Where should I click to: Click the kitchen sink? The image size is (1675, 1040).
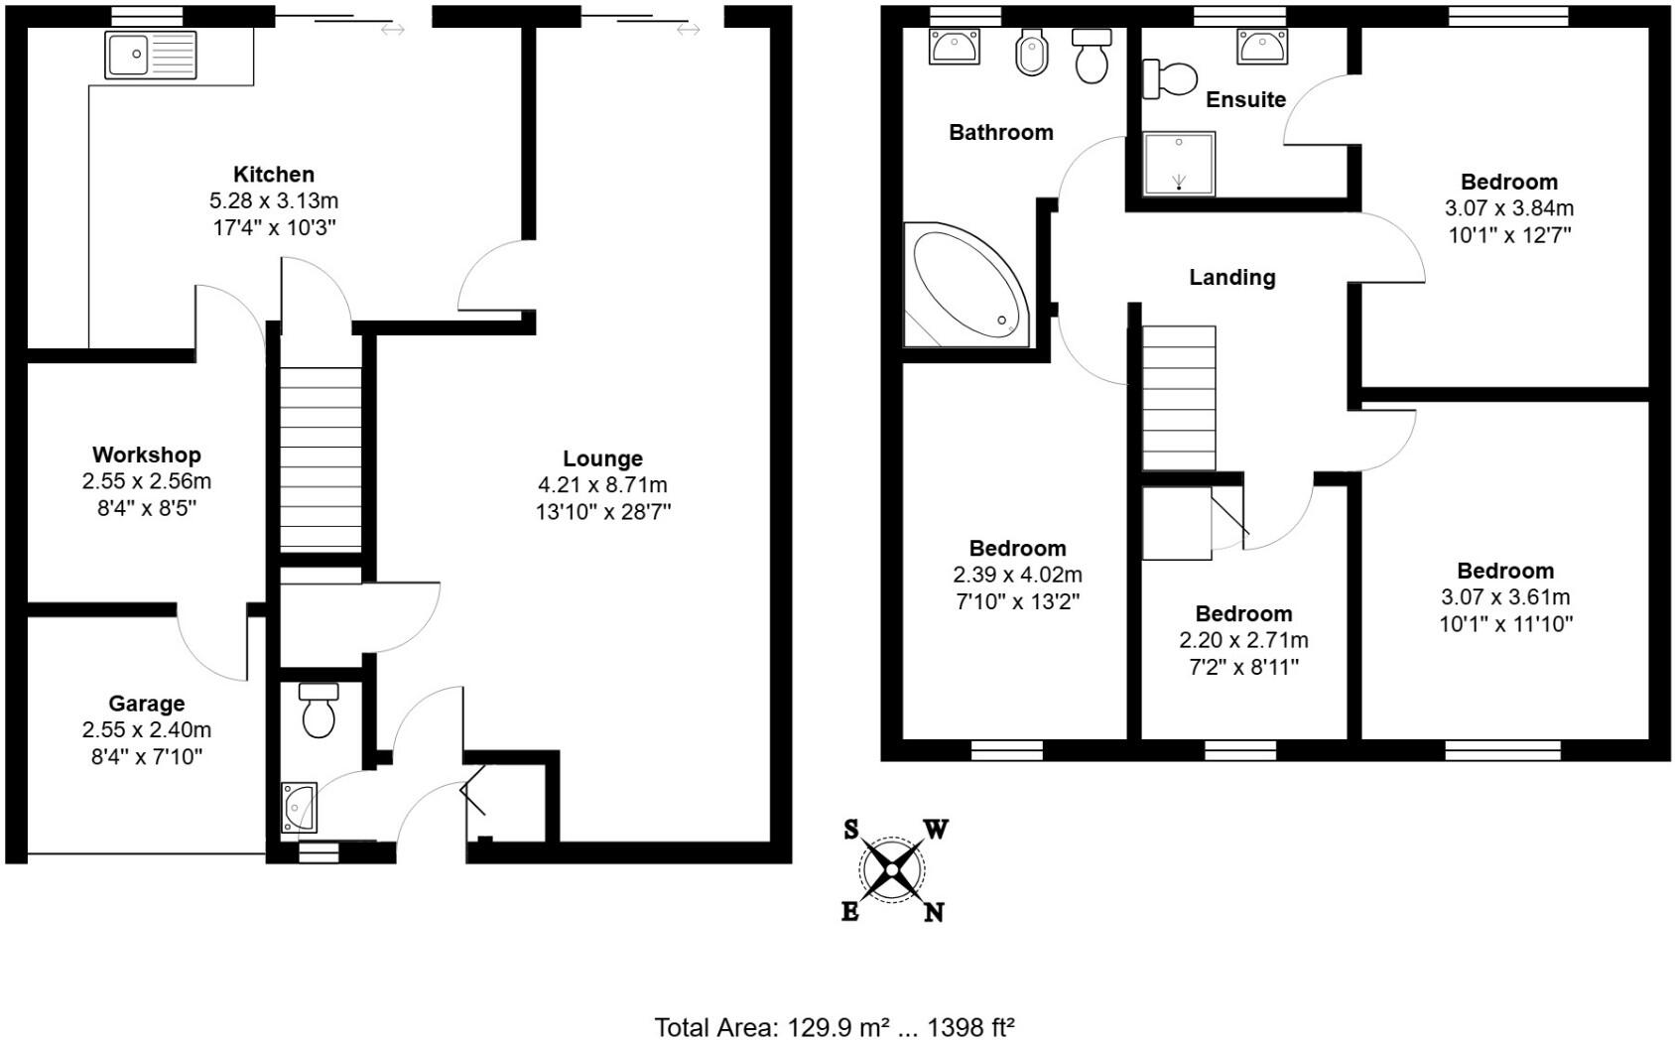pos(151,54)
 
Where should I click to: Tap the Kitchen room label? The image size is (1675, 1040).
pos(274,175)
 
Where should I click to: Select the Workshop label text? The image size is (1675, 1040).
pos(147,455)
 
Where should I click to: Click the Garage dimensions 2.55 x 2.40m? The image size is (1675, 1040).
pos(147,730)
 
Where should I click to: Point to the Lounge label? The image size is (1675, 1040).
pos(602,459)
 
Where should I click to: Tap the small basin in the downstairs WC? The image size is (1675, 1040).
pos(300,806)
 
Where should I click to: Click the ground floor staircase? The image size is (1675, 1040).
pos(320,457)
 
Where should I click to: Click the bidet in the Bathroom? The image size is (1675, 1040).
pos(1032,55)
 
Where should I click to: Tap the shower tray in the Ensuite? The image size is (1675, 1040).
pos(1179,164)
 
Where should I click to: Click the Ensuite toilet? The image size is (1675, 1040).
pos(1170,79)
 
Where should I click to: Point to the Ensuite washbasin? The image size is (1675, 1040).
pos(1262,47)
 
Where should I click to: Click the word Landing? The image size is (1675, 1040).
pos(1232,278)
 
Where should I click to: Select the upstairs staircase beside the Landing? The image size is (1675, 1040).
pos(1179,397)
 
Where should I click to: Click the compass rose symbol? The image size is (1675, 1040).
pos(892,870)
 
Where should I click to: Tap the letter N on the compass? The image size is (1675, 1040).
pos(934,912)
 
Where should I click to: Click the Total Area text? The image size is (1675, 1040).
pos(835,1026)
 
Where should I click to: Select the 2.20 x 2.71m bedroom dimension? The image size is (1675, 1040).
pos(1243,641)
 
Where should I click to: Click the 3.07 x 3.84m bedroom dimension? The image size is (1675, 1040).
pos(1509,209)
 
